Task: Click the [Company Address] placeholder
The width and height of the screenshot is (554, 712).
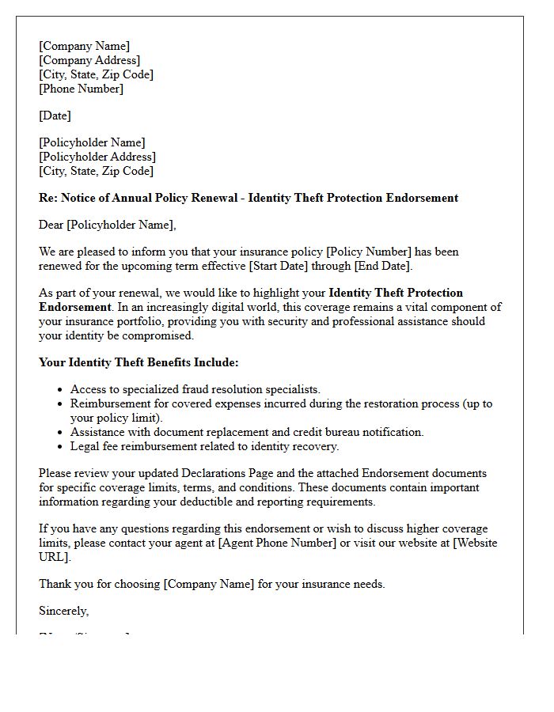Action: (x=89, y=60)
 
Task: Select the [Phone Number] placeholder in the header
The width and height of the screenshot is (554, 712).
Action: (x=82, y=89)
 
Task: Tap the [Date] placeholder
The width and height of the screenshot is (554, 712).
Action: (x=55, y=116)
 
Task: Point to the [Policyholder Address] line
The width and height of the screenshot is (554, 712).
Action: (x=97, y=157)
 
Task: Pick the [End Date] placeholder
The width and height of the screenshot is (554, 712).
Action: (x=382, y=266)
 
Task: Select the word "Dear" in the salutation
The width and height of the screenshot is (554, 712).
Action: (x=51, y=225)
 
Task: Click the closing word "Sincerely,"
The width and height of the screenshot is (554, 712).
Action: (x=64, y=611)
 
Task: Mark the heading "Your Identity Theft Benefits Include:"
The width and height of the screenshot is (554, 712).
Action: (x=138, y=362)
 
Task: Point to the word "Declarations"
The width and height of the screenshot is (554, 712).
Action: (x=193, y=473)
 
